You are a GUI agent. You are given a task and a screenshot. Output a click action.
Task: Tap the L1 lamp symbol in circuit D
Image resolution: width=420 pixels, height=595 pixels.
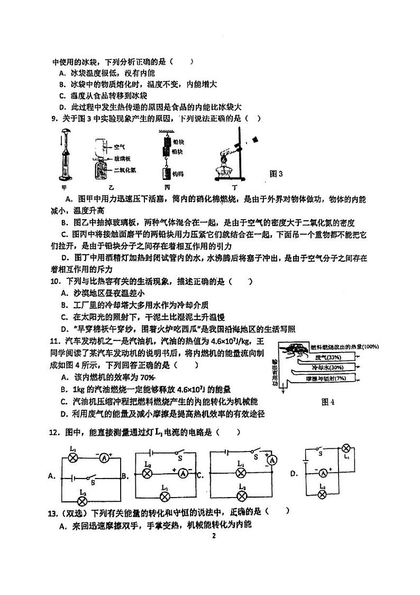(x=347, y=446)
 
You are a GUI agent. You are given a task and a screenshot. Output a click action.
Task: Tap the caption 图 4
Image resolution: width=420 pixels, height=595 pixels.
(x=328, y=402)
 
